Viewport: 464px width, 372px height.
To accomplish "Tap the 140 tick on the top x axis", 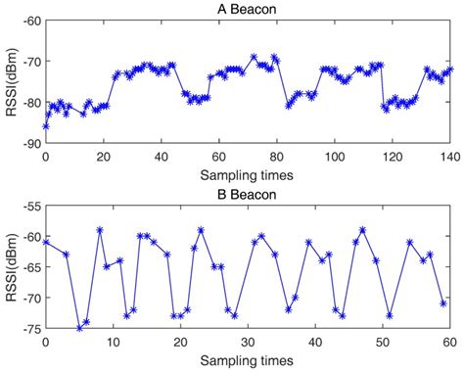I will click(x=451, y=156).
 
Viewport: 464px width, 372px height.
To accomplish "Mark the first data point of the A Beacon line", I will click(x=46, y=126).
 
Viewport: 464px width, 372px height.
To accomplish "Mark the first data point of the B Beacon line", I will click(x=46, y=242).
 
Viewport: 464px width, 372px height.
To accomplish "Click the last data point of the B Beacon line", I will click(x=443, y=303).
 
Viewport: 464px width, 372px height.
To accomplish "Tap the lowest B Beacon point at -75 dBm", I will click(x=79, y=328).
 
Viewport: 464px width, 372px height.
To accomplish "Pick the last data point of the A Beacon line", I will click(x=450, y=70).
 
